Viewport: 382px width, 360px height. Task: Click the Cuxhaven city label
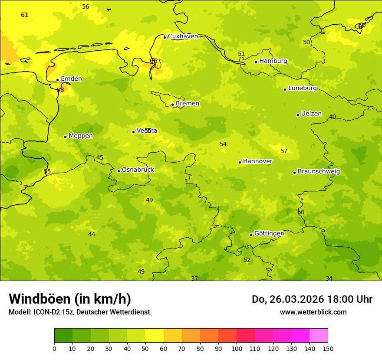(183, 36)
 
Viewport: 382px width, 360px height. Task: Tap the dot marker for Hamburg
(256, 62)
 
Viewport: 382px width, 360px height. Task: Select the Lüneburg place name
(303, 88)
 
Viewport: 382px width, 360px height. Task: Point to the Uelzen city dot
(298, 115)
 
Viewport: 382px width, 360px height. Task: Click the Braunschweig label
(319, 171)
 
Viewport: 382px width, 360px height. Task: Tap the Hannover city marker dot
(240, 162)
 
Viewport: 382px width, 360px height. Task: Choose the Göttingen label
(269, 233)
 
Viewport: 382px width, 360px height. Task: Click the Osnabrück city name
(138, 170)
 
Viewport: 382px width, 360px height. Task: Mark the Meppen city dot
(65, 137)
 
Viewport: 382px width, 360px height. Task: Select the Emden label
(71, 79)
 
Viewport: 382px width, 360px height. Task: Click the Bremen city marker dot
(172, 105)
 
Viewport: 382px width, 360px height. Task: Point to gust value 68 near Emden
(60, 90)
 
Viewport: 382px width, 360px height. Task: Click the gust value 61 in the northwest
(25, 15)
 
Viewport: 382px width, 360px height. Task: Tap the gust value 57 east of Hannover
(284, 151)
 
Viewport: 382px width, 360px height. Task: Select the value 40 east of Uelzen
(333, 117)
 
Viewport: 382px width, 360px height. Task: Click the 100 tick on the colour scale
(237, 348)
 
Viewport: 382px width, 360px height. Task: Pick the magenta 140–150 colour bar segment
(319, 336)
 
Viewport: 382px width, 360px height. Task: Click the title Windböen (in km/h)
(70, 299)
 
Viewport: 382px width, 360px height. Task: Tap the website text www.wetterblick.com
(313, 312)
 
